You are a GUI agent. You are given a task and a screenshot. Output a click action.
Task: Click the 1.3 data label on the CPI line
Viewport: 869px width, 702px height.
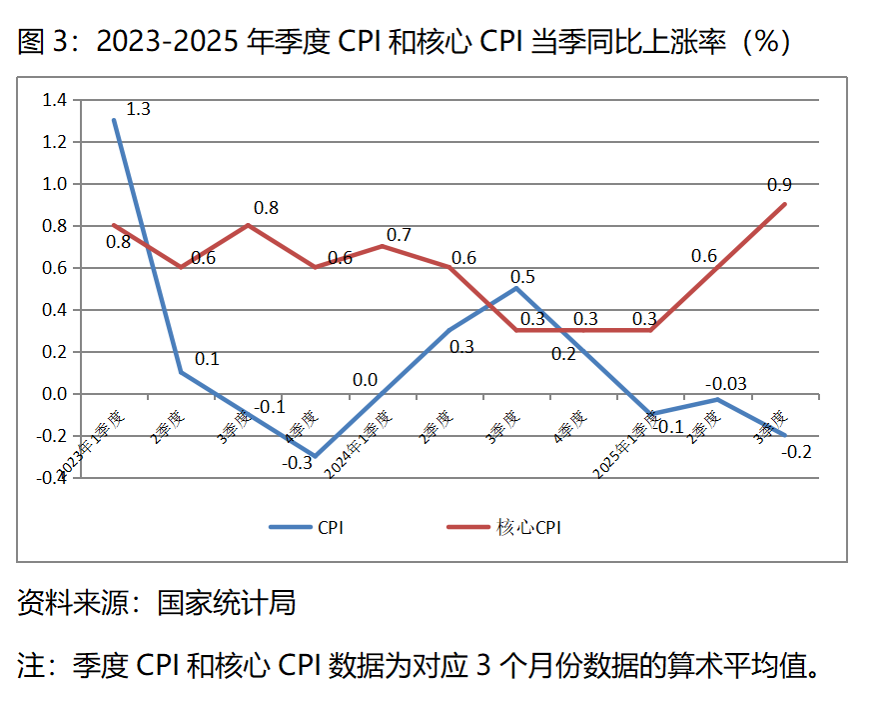138,109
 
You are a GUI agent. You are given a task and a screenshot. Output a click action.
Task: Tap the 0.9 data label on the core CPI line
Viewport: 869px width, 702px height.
779,185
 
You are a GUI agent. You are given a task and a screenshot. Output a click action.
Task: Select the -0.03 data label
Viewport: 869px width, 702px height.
726,384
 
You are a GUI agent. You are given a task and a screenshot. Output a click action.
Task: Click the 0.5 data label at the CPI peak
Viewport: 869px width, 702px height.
521,277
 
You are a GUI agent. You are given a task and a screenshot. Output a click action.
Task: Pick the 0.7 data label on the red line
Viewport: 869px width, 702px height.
399,235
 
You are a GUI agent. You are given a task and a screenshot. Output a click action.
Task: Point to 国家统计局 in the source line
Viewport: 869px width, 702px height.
227,603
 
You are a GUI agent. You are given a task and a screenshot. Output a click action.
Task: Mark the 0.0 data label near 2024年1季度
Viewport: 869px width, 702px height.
365,380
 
